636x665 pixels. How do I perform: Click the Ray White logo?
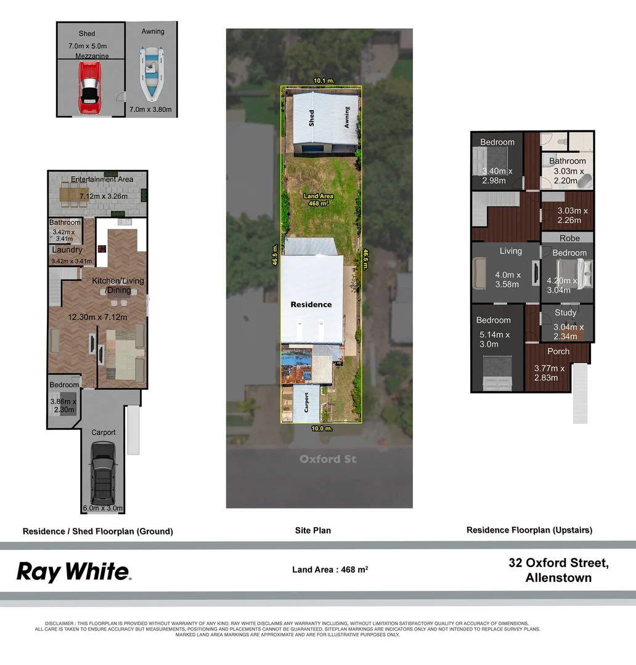[73, 571]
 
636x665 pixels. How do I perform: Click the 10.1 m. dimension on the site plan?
[324, 81]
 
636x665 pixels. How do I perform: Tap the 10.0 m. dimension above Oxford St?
[322, 428]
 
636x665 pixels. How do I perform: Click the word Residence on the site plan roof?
[311, 304]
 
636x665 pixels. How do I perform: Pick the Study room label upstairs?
[565, 312]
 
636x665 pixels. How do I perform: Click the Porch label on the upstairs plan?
[558, 351]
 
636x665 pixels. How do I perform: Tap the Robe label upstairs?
[569, 238]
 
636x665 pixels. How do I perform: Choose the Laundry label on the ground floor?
[67, 250]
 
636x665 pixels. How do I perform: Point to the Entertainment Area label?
[102, 179]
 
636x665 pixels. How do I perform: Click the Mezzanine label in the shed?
[92, 56]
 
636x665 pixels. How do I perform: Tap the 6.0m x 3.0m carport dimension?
[103, 509]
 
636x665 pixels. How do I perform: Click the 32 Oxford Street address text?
[558, 562]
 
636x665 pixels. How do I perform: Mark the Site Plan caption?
[313, 530]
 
